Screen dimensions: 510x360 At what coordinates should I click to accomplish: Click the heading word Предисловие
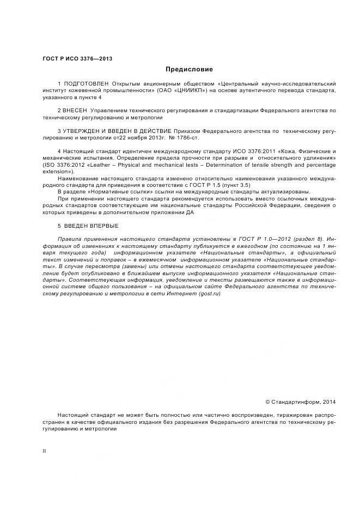(189, 69)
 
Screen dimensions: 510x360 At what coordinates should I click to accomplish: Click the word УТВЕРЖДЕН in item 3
(86, 131)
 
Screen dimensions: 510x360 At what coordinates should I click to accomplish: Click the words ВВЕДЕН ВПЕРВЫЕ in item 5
(92, 226)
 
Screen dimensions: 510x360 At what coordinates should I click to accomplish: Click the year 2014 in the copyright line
(329, 402)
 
